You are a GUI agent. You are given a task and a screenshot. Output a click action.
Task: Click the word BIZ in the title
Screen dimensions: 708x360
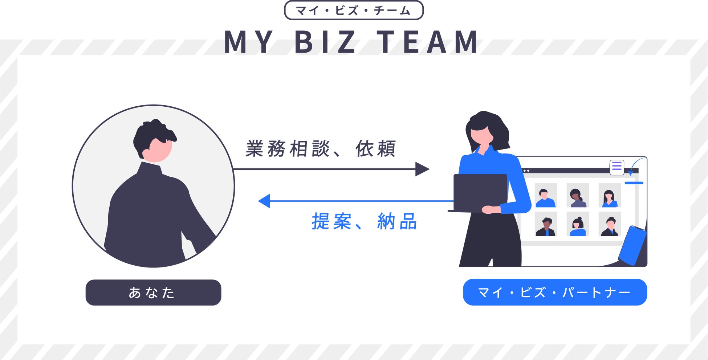(325, 42)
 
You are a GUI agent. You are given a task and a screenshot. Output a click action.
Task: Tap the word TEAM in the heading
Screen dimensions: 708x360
(428, 42)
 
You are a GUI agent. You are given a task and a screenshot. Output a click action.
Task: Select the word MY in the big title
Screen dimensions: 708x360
(249, 42)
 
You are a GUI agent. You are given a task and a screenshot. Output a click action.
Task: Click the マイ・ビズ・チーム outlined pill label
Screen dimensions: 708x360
(354, 11)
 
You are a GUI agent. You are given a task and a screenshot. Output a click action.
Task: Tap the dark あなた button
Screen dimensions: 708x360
(153, 292)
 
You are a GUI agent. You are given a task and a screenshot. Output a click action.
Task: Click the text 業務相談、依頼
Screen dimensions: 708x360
(320, 149)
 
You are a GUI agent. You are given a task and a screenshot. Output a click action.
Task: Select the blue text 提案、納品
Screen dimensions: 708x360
(364, 221)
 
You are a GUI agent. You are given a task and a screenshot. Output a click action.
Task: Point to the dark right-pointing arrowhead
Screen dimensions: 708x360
(422, 169)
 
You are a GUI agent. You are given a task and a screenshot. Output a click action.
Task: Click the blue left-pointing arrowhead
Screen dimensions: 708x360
(264, 201)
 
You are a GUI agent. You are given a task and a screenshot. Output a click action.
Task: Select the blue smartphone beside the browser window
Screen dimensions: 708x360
(632, 246)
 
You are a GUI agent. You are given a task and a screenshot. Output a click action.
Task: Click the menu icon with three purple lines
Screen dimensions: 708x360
(617, 167)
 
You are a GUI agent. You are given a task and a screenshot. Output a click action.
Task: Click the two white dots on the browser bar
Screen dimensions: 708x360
(526, 171)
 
